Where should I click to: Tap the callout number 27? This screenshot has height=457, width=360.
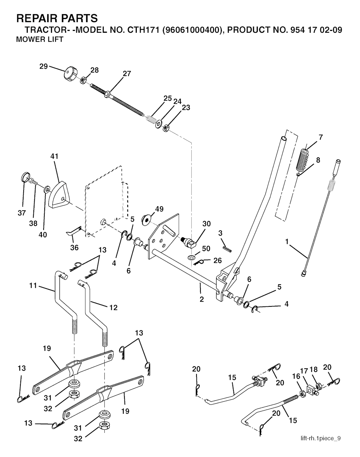[x=127, y=74]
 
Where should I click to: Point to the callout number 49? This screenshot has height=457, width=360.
[x=159, y=209]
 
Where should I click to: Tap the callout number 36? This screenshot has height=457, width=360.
[x=74, y=247]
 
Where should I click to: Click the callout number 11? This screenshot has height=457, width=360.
[x=33, y=285]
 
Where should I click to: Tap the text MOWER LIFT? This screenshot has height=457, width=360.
[x=40, y=39]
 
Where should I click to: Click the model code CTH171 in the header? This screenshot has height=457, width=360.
[x=143, y=30]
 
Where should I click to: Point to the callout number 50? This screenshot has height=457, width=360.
[x=206, y=248]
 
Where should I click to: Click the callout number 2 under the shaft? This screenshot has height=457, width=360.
[x=202, y=299]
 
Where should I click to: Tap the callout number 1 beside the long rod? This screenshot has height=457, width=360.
[x=287, y=242]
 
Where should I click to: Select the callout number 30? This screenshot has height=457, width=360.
[x=206, y=224]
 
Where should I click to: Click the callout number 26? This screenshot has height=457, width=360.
[x=218, y=260]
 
